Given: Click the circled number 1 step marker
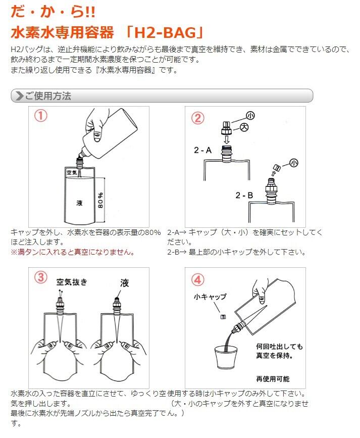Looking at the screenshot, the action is (41, 116).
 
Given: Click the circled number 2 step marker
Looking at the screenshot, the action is (197, 118).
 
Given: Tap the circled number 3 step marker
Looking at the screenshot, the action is (41, 277).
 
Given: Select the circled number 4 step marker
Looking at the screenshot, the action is (197, 280).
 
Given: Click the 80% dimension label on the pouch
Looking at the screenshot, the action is (100, 200).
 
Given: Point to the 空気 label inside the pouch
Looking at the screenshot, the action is (72, 173).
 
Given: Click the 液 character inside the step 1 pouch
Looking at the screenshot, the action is (79, 203).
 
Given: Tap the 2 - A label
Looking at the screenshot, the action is (203, 150).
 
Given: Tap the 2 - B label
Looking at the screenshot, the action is (244, 195).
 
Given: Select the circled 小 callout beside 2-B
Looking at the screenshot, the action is (293, 163).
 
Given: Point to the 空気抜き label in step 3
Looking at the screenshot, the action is (72, 282).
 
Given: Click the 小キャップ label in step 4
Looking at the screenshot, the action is (210, 297).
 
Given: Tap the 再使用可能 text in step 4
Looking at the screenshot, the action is (273, 379).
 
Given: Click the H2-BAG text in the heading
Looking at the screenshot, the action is (165, 33).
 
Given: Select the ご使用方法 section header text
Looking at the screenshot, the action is (48, 96).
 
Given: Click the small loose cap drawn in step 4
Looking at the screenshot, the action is (223, 317).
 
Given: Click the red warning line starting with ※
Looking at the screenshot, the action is (73, 252).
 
